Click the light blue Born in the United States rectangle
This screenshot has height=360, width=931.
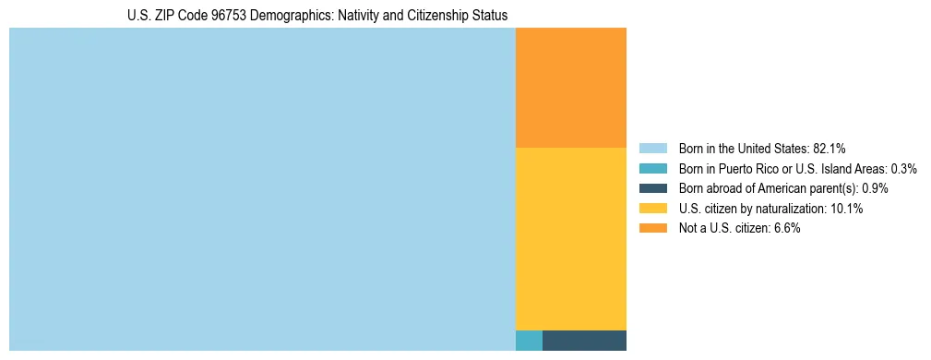[x=262, y=189]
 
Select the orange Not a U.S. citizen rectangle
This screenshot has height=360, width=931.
[x=570, y=88]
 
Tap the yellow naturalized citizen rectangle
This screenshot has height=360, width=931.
[x=570, y=238]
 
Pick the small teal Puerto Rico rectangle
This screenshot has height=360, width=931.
[x=529, y=340]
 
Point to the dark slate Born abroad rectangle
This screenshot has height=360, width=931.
[x=584, y=340]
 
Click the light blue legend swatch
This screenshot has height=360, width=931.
[x=652, y=148]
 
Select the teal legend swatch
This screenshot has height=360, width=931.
[x=652, y=168]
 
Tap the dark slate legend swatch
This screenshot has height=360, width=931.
[x=652, y=188]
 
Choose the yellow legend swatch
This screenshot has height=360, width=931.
[x=652, y=209]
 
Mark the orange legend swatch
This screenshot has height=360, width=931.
[x=652, y=229]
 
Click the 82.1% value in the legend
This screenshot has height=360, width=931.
[x=828, y=148]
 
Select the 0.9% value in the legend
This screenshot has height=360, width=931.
[x=875, y=188]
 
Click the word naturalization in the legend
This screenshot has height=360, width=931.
[x=792, y=209]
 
